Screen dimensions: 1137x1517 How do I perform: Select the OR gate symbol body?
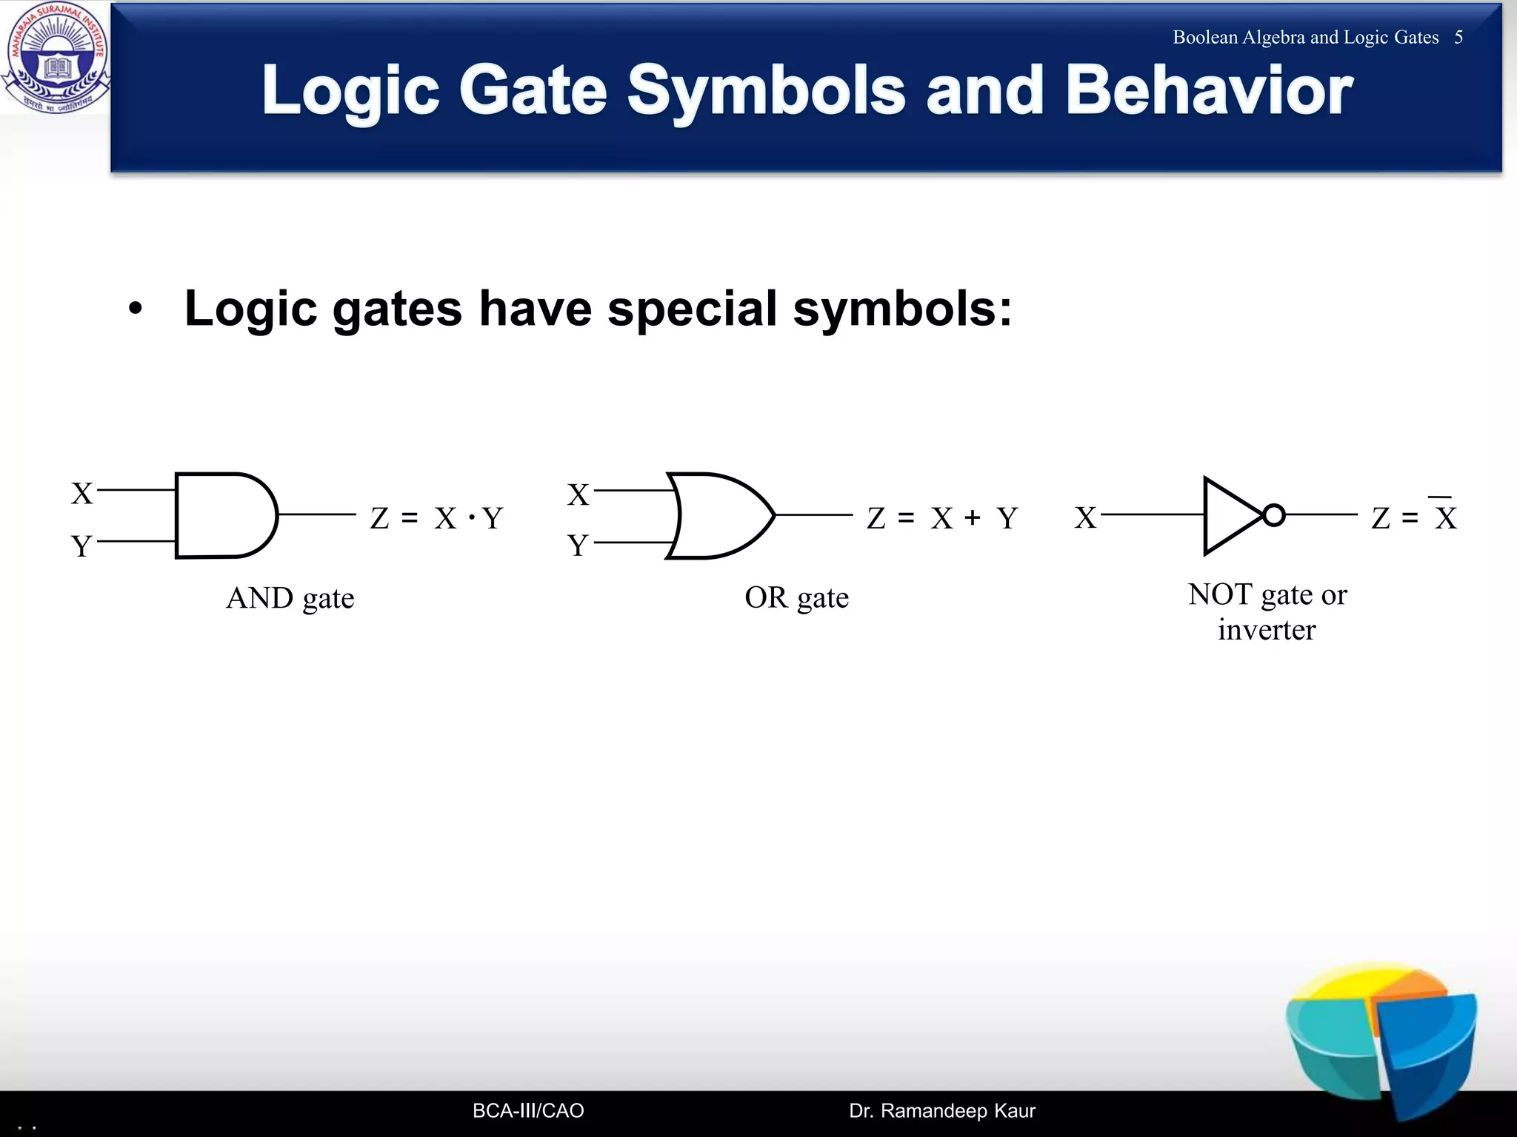[719, 515]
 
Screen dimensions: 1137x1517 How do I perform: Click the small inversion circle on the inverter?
[1273, 515]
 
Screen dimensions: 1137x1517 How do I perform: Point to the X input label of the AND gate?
[81, 494]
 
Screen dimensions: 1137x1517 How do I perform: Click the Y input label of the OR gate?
[578, 546]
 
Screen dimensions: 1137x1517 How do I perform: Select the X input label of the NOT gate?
[1085, 518]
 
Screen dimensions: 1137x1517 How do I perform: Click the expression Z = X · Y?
[437, 518]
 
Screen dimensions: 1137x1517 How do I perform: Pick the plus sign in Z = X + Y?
[973, 518]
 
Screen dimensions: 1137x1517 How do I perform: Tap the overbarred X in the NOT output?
[1445, 517]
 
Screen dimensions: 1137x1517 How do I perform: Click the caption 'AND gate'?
[290, 598]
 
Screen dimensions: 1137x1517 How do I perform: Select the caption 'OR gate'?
[796, 597]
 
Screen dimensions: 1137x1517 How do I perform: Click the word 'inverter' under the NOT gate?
[1267, 630]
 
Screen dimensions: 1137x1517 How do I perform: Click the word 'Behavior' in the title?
[1209, 90]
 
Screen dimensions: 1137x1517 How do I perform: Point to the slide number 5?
[1458, 38]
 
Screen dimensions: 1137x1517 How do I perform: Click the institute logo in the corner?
[56, 58]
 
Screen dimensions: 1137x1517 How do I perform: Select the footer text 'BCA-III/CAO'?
[528, 1110]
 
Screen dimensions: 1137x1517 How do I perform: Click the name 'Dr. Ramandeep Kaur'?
[941, 1110]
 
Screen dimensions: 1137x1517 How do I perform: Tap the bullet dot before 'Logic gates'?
[134, 309]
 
